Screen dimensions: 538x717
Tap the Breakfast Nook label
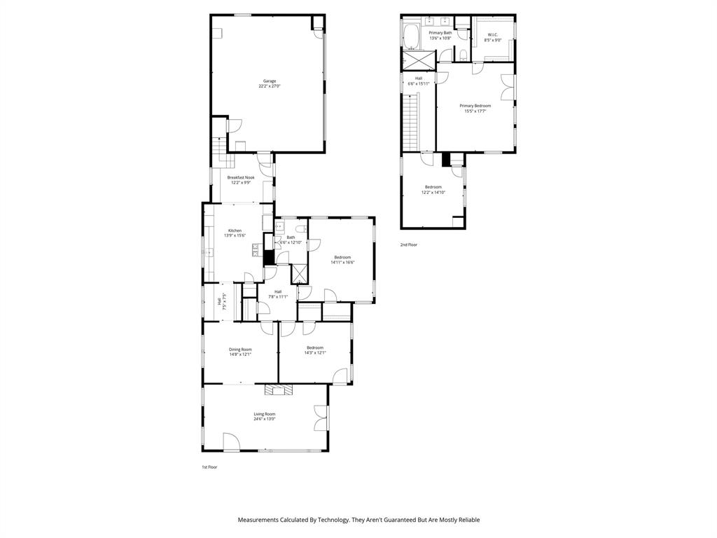click(x=240, y=178)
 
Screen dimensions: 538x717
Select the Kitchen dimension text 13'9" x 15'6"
click(x=235, y=235)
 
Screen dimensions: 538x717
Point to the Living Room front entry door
click(x=231, y=442)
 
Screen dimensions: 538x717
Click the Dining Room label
click(x=240, y=350)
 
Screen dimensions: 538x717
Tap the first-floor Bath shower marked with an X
click(x=299, y=273)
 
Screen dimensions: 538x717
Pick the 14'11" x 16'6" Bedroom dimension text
click(x=342, y=262)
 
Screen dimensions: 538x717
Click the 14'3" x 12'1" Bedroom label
click(x=314, y=348)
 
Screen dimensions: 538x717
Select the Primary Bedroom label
click(x=475, y=106)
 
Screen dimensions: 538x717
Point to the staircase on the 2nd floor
click(x=411, y=123)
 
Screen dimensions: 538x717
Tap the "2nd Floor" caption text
click(x=408, y=244)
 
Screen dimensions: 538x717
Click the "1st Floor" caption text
click(x=209, y=467)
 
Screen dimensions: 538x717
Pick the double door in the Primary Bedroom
click(x=508, y=86)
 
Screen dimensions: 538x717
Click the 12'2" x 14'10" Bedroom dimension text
click(x=433, y=192)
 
